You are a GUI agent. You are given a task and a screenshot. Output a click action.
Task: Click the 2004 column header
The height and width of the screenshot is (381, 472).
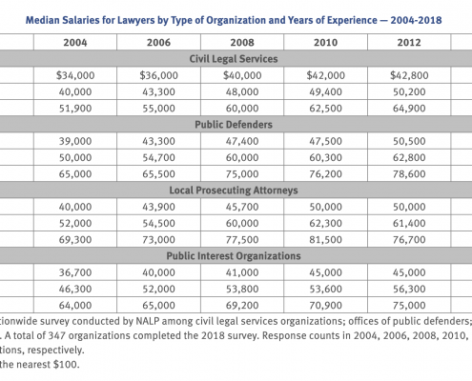(75, 43)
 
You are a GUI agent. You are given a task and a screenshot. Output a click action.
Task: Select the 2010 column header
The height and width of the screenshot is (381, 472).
(325, 43)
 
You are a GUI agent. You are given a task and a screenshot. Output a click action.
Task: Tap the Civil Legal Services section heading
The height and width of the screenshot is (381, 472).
(234, 59)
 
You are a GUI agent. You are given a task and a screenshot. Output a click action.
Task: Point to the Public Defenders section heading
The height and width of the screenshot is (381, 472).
(234, 125)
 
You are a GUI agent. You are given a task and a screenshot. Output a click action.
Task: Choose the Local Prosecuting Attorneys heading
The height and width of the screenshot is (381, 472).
(234, 190)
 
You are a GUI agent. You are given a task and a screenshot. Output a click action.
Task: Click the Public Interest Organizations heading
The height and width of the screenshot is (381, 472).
(234, 256)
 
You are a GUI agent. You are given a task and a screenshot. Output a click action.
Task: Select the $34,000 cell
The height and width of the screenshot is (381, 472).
(75, 75)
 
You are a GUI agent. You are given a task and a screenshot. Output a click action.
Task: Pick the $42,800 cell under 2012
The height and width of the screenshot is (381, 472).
(409, 75)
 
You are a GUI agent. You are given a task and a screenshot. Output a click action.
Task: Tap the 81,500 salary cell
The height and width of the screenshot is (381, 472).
(326, 240)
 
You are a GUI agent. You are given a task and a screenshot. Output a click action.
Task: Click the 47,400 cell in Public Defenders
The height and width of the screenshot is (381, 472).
(242, 141)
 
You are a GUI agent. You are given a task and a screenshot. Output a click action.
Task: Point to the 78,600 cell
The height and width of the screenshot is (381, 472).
(409, 174)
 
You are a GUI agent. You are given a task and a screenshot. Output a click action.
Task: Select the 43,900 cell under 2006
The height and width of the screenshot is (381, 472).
(158, 207)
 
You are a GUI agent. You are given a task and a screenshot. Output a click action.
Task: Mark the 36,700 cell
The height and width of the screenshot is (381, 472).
(75, 272)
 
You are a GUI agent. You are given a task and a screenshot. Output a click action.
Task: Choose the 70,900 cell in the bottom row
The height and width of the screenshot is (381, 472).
(326, 306)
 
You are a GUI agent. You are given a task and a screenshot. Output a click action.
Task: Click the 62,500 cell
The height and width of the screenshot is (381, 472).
(326, 109)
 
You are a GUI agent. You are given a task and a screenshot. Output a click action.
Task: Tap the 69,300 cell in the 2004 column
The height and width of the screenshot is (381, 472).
(75, 240)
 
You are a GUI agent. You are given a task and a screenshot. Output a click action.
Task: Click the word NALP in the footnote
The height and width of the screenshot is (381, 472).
(147, 321)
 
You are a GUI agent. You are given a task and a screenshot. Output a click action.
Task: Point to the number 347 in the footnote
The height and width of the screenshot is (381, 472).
(56, 335)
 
